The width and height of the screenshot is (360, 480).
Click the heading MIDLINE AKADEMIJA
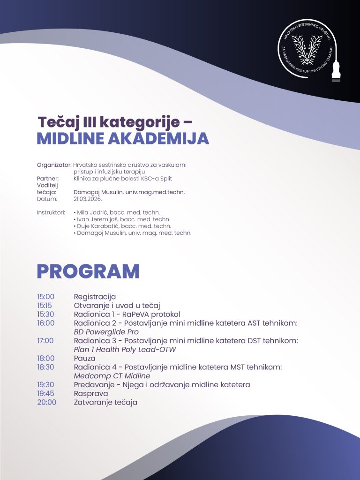tap(123, 138)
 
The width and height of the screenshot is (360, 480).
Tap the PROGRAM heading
tap(88, 271)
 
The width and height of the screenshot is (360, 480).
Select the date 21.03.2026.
tap(88, 199)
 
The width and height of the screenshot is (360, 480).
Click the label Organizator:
tap(54, 165)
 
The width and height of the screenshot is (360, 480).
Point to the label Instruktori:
tap(51, 212)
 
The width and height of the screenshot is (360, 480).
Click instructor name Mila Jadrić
tap(94, 212)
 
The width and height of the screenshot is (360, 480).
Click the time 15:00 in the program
tap(46, 297)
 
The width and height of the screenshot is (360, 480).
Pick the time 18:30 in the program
tap(46, 367)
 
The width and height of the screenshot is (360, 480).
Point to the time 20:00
tap(46, 402)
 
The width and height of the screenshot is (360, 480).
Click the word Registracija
tap(95, 297)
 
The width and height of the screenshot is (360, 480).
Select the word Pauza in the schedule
tap(84, 358)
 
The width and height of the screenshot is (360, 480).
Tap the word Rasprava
tap(91, 394)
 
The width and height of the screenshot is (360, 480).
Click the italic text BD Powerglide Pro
tap(106, 332)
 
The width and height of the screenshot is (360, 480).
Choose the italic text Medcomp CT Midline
tap(112, 376)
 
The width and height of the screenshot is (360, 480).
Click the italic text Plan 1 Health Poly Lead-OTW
tap(125, 349)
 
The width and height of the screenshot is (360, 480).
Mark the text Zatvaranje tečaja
tap(105, 402)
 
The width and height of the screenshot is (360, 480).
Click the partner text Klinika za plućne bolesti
tap(106, 178)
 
